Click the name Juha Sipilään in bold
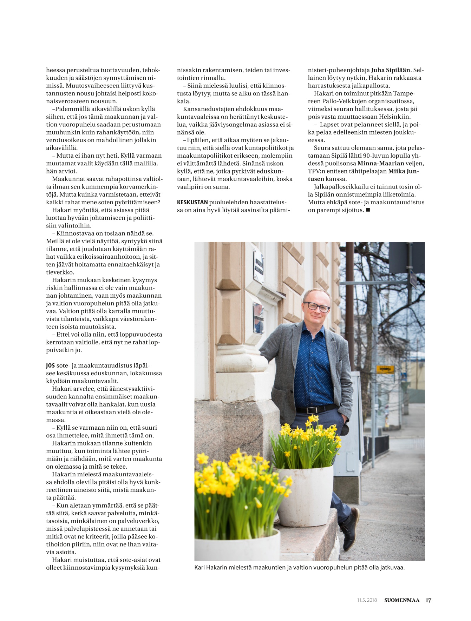(391, 70)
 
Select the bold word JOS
(50, 365)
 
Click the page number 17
(428, 600)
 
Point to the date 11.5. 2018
(367, 600)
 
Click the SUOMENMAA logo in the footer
(401, 600)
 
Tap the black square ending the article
(368, 210)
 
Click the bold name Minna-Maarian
(381, 164)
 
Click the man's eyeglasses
(316, 307)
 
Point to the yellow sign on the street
(385, 369)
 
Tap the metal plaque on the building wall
(259, 266)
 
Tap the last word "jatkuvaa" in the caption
(392, 567)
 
